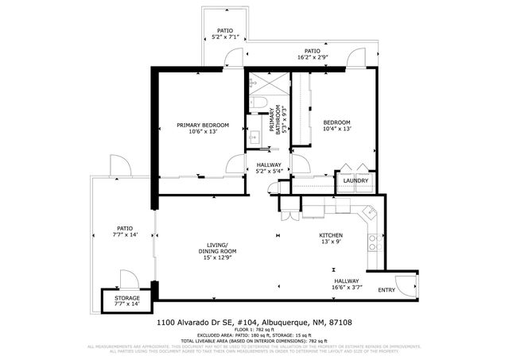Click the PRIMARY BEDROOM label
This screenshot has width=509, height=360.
pos(203,125)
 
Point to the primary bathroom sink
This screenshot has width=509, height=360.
pos(254,137)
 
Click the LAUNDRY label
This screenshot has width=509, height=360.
pos(355,180)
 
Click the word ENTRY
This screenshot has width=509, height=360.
pos(387,290)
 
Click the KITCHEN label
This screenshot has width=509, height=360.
pos(331,236)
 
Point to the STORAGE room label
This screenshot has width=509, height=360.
pos(122,298)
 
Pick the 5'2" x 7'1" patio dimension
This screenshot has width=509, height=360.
pos(223,37)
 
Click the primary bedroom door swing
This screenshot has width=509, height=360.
pos(236,165)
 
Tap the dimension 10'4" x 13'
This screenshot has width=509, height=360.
pos(336,129)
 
